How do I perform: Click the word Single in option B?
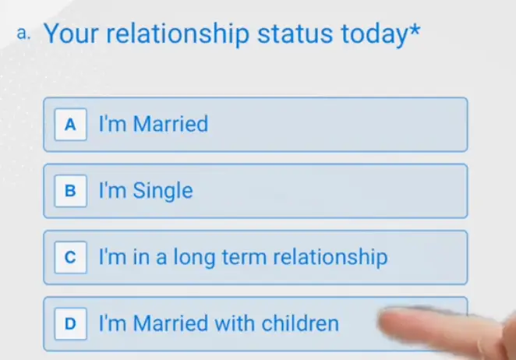click(162, 191)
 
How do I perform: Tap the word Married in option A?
click(171, 123)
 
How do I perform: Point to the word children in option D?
click(299, 322)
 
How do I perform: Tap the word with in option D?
click(234, 322)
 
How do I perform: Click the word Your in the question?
click(70, 34)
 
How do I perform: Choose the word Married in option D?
click(171, 322)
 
